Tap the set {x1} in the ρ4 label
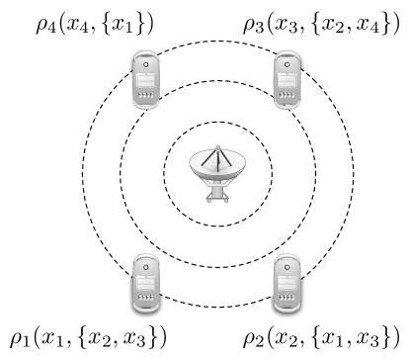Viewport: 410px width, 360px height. [124, 21]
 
